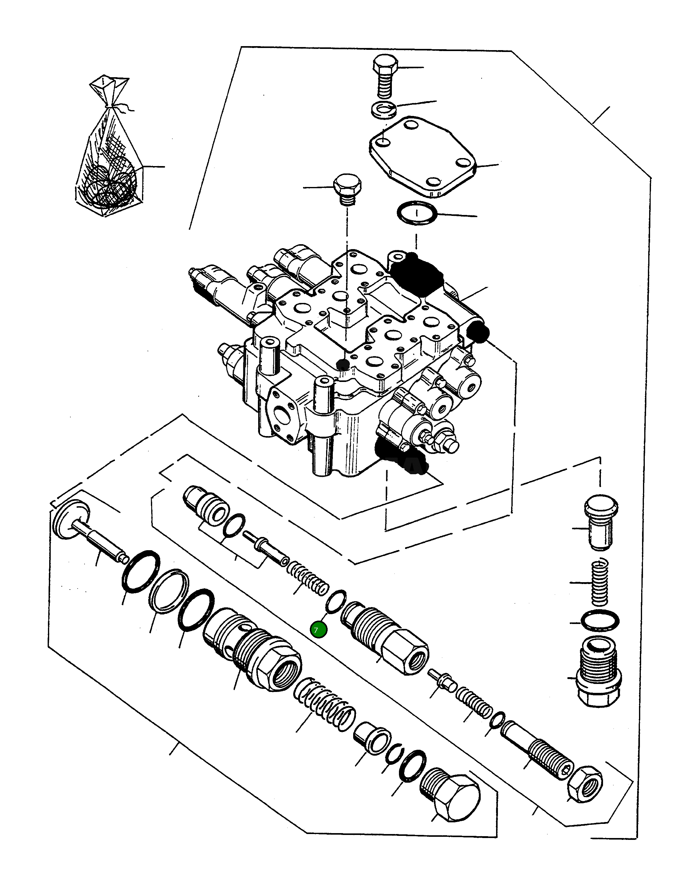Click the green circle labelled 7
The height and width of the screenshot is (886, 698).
(x=318, y=630)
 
